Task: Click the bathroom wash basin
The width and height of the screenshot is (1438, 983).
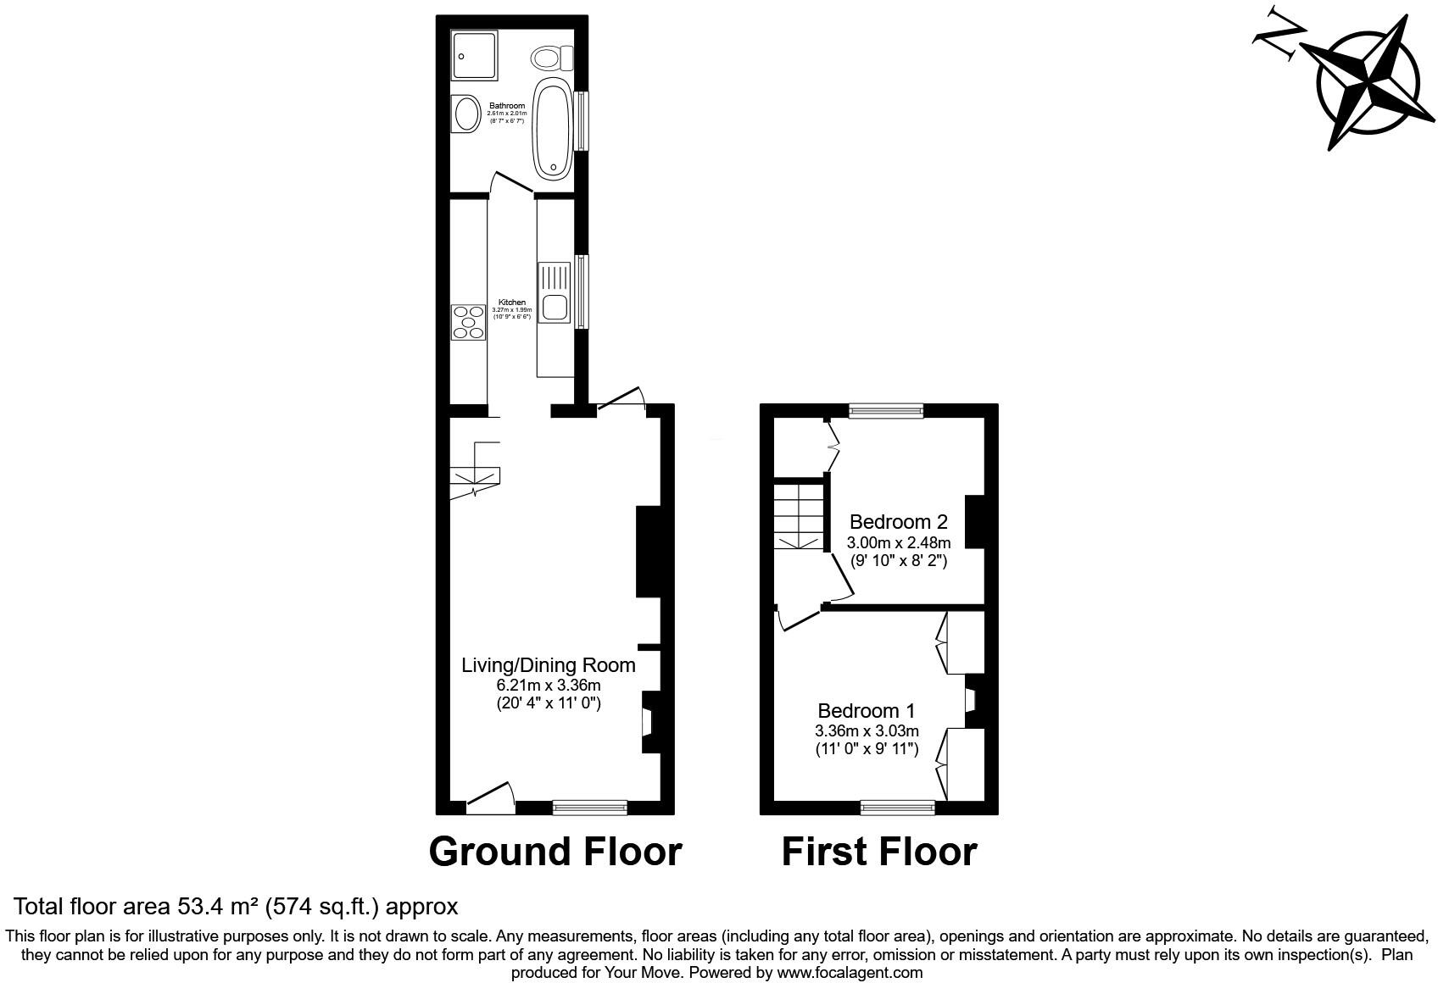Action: pyautogui.click(x=465, y=113)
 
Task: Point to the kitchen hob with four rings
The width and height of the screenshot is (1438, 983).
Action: pyautogui.click(x=468, y=322)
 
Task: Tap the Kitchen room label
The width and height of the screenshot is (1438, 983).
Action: pyautogui.click(x=511, y=303)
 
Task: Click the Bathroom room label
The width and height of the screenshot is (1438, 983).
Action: pyautogui.click(x=506, y=106)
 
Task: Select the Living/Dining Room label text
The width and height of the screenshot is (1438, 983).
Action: pyautogui.click(x=548, y=665)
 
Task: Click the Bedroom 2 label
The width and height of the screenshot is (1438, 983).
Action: pyautogui.click(x=898, y=522)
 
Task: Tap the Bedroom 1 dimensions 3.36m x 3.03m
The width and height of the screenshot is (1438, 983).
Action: pyautogui.click(x=867, y=730)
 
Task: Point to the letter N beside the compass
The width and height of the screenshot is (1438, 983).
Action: pyautogui.click(x=1280, y=36)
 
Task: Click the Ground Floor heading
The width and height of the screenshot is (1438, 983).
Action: pyautogui.click(x=555, y=851)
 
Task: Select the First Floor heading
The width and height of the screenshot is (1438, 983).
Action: pyautogui.click(x=878, y=851)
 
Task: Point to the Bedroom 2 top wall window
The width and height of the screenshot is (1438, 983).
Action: pyautogui.click(x=886, y=411)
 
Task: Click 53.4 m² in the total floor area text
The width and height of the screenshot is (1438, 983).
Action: pyautogui.click(x=217, y=907)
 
